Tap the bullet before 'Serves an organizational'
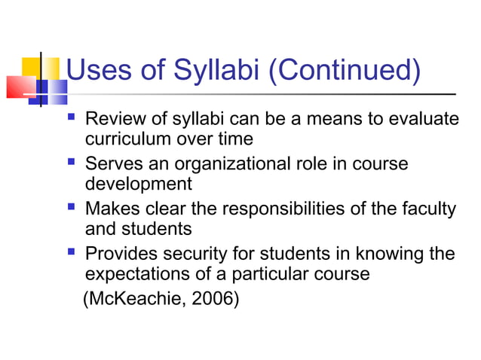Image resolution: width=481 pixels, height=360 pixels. click(x=72, y=163)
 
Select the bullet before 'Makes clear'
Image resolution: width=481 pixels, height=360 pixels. click(x=72, y=208)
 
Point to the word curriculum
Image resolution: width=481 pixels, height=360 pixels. click(x=128, y=139)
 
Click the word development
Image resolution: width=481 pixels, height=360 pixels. click(x=139, y=185)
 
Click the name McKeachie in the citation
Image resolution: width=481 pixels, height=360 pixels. click(x=134, y=300)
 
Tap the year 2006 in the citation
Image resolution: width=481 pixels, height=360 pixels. click(x=214, y=300)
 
